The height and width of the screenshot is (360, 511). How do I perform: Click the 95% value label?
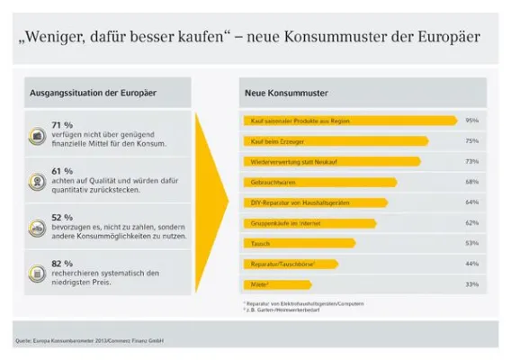(471, 120)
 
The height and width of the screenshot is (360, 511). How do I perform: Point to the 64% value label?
(471, 202)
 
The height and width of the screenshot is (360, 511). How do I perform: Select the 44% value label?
(471, 263)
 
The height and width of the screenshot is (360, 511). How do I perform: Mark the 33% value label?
(471, 283)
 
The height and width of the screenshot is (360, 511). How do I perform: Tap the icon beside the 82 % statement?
(38, 271)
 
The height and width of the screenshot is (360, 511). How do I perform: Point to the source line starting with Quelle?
(94, 339)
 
